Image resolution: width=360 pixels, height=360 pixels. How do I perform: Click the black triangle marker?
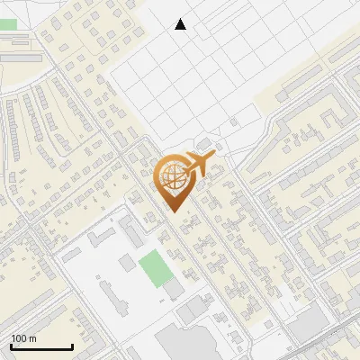pyautogui.click(x=181, y=24)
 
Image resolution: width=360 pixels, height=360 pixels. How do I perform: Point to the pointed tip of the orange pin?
pyautogui.click(x=173, y=211)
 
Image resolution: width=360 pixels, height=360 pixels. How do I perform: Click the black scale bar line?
pyautogui.click(x=41, y=347)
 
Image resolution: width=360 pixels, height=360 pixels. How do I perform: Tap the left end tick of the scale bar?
pyautogui.click(x=11, y=346)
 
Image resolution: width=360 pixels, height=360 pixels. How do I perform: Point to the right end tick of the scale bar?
pyautogui.click(x=72, y=346)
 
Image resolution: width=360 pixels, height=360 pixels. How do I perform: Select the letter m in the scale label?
pyautogui.click(x=33, y=339)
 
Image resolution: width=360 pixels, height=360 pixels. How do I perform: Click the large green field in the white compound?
pyautogui.click(x=156, y=268)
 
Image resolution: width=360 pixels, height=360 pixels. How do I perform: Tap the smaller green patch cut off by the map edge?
pyautogui.click(x=6, y=24)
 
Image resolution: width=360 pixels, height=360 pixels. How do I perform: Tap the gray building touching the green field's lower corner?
pyautogui.click(x=172, y=289)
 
